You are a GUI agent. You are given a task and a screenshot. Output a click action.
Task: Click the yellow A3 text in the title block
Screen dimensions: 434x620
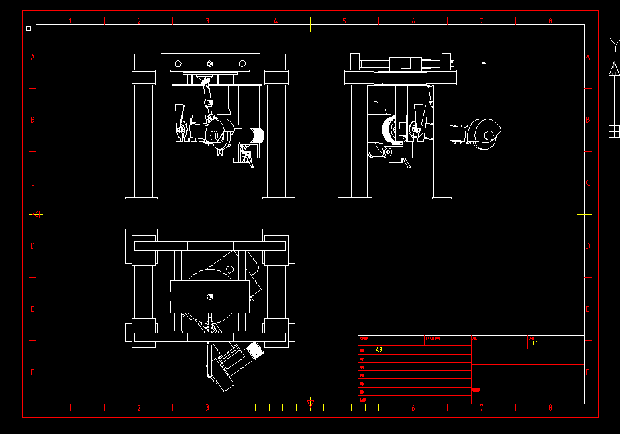[x=379, y=350]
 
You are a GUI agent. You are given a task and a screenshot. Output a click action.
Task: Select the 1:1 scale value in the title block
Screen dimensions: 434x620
[x=535, y=343]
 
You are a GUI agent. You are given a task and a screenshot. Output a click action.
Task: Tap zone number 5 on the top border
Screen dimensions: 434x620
[x=344, y=21]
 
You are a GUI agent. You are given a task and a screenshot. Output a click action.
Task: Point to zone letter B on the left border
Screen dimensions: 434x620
[x=32, y=120]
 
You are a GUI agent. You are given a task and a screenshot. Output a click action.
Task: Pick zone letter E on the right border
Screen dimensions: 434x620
[x=588, y=309]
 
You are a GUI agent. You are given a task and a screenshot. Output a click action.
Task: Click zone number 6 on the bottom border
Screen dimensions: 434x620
[x=413, y=408]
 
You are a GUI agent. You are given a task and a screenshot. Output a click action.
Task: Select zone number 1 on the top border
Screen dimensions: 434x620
[x=70, y=21]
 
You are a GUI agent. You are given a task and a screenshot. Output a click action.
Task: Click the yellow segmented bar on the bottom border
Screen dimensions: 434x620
[x=310, y=407]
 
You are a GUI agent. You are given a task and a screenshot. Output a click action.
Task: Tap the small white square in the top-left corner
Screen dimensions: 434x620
[x=28, y=29]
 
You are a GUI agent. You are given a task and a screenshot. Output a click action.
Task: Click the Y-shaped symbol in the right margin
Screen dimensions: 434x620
[x=613, y=45]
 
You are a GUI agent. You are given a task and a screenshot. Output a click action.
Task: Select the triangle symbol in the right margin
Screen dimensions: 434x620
[x=613, y=68]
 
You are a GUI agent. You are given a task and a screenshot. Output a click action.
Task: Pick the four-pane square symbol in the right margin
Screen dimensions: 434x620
[x=613, y=131]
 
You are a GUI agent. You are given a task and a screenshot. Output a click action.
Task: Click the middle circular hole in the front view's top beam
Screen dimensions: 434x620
[x=210, y=64]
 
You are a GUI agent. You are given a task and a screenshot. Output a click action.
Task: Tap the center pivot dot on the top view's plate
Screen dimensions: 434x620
[x=210, y=296]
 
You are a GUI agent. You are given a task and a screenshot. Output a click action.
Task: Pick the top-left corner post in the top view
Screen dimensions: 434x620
[x=142, y=239]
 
